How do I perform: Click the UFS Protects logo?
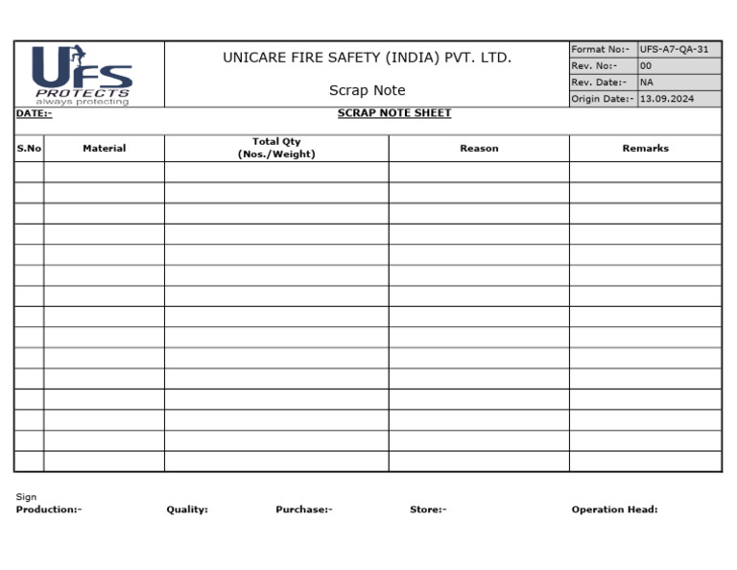(x=83, y=75)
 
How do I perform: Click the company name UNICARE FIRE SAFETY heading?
(x=367, y=58)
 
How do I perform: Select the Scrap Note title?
(x=367, y=90)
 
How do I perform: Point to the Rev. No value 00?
(x=646, y=66)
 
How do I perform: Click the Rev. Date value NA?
(x=647, y=83)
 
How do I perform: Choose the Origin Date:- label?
(x=603, y=99)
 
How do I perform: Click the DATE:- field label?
(x=34, y=114)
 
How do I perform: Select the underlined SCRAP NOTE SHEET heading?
(x=394, y=113)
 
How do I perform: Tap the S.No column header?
(x=29, y=149)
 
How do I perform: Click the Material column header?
(x=104, y=149)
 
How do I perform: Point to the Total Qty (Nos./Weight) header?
(x=276, y=148)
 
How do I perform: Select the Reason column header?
(x=479, y=149)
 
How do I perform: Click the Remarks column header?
(x=645, y=149)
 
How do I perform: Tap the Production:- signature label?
(x=49, y=510)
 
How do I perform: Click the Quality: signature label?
(x=187, y=510)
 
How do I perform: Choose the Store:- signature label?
(x=428, y=510)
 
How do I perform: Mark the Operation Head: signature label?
(x=614, y=510)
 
